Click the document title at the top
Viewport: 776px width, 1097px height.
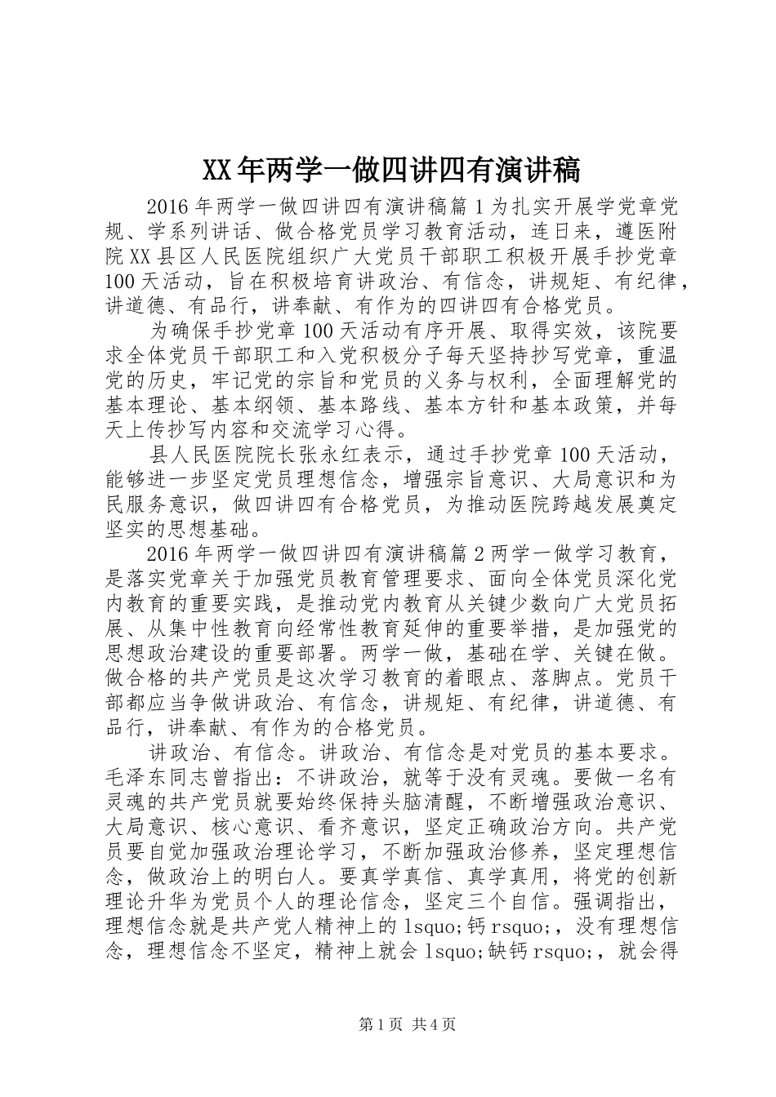click(x=390, y=170)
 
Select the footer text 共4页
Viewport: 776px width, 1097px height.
click(x=433, y=1024)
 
